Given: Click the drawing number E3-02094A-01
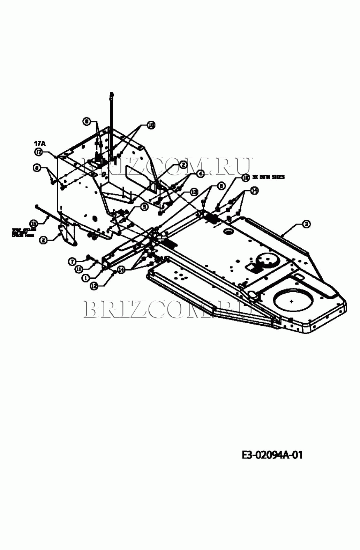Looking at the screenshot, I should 272,455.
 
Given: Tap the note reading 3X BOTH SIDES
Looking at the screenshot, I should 268,177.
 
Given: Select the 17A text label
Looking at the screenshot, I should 40,143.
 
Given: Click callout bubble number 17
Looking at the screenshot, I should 38,152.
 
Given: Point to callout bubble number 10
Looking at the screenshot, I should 151,125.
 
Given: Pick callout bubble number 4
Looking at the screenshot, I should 200,174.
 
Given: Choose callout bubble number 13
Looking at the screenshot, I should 194,192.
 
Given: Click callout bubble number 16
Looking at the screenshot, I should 246,178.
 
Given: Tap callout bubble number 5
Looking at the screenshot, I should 144,207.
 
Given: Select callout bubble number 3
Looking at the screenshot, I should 306,224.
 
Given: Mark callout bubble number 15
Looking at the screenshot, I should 33,223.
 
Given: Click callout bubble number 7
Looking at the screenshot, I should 72,261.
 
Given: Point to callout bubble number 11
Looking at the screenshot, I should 79,269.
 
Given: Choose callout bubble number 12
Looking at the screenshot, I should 93,286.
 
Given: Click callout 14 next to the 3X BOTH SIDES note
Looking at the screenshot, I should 254,191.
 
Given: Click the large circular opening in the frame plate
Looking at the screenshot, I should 293,301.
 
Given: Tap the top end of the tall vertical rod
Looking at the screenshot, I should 111,94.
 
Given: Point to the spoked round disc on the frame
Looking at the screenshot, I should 267,259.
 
